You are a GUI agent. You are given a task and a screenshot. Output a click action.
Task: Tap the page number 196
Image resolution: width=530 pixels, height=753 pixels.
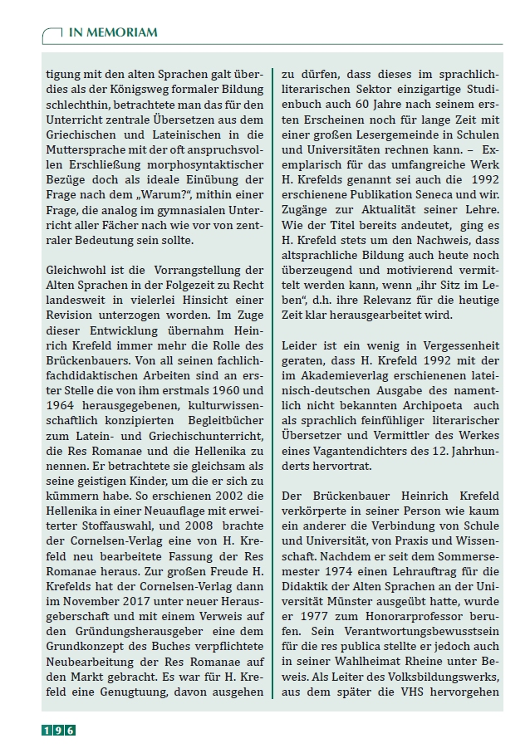(60, 731)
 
